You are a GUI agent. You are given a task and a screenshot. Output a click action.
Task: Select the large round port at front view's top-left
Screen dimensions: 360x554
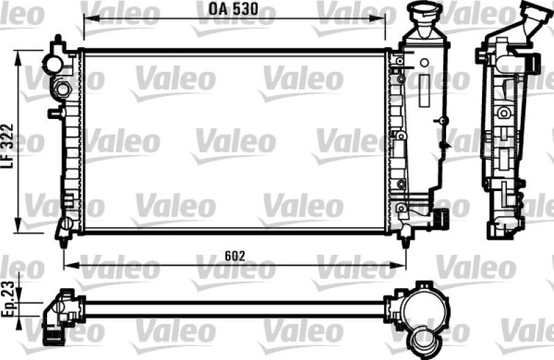(53, 64)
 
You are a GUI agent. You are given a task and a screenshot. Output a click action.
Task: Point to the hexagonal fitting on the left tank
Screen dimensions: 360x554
(62, 89)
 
